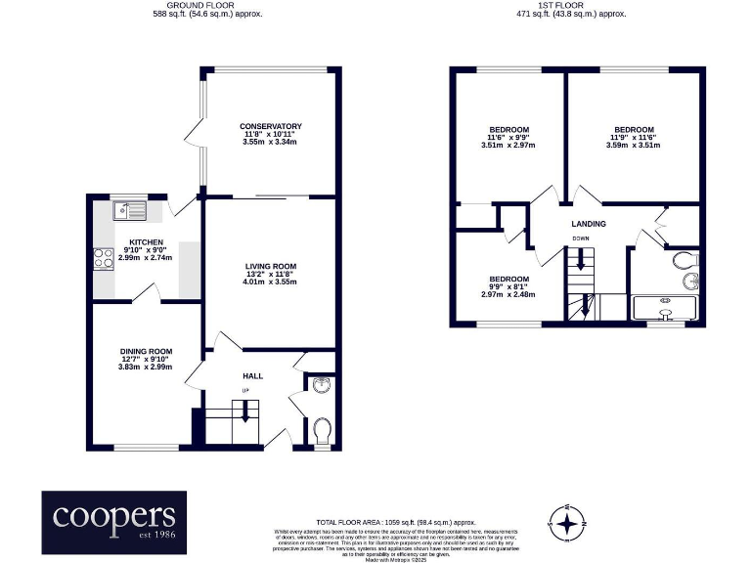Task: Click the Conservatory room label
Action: click(271, 126)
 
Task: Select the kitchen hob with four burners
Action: click(103, 259)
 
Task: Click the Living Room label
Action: click(270, 266)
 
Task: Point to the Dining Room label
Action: click(146, 351)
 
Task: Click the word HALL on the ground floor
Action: click(252, 375)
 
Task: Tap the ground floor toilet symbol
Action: click(322, 429)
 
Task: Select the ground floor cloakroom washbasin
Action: click(322, 384)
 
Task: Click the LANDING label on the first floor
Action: click(589, 224)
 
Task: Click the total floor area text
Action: click(396, 522)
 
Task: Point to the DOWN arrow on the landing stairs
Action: click(581, 260)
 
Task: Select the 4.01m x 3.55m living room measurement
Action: click(270, 282)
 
